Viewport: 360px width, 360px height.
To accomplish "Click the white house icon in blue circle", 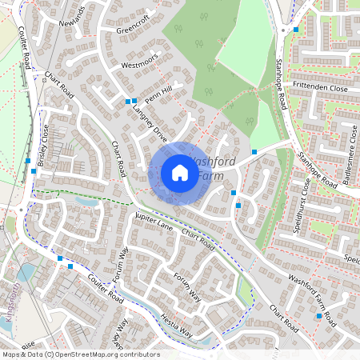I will click(x=180, y=173).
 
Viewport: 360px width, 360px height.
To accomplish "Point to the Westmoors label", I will click(x=140, y=64).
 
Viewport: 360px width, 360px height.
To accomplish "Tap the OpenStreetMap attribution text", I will click(x=80, y=354).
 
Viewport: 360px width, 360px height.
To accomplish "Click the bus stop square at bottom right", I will click(x=319, y=317).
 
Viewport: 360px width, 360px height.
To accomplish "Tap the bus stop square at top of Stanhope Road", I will click(x=296, y=30).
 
